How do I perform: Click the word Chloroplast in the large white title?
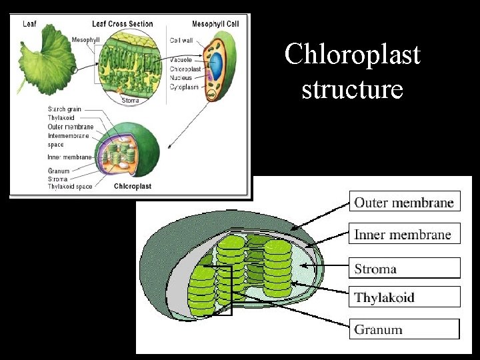tap(352, 55)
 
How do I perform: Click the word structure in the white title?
tap(352, 88)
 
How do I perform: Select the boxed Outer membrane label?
tap(404, 203)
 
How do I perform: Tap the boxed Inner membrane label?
tap(403, 235)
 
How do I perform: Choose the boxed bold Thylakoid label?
tap(384, 297)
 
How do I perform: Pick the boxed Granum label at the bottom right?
tap(378, 329)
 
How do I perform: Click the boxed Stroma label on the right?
tap(375, 269)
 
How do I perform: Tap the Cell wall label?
tap(182, 41)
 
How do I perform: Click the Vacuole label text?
tap(181, 59)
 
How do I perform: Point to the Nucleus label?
tap(181, 77)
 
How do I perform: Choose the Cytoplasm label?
tap(184, 87)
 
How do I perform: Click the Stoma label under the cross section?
tap(131, 101)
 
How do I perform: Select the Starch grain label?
tap(65, 109)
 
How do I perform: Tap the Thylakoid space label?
tap(71, 187)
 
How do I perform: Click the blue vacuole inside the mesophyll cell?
tap(217, 69)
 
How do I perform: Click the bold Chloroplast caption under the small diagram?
tap(133, 187)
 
